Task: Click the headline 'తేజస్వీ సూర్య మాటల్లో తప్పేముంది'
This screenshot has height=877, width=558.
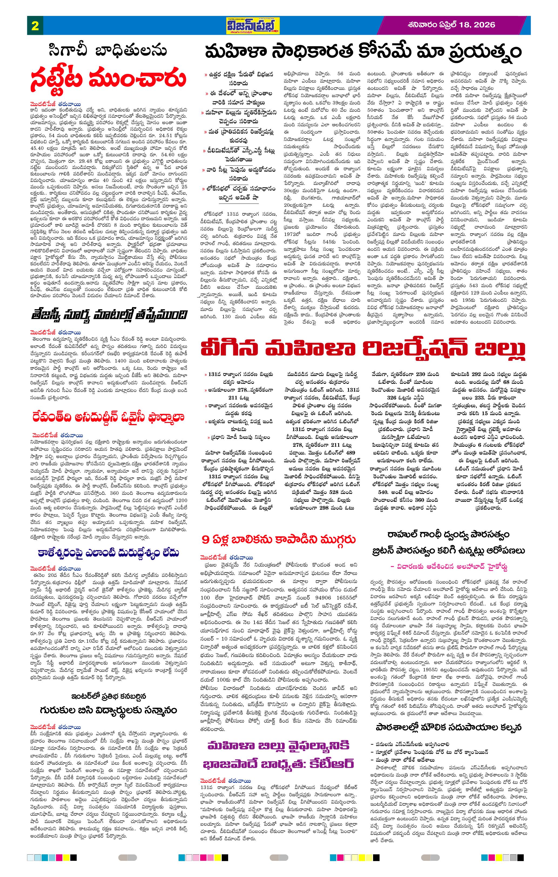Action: coord(109,314)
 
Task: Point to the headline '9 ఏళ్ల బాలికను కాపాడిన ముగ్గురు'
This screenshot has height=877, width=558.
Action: coord(279,539)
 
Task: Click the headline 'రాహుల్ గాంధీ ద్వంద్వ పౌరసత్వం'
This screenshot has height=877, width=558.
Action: coord(448,535)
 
